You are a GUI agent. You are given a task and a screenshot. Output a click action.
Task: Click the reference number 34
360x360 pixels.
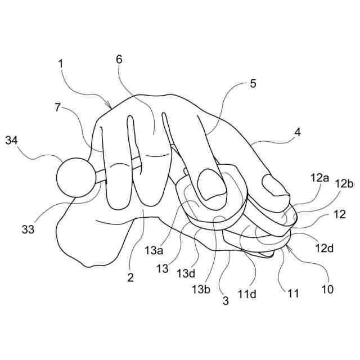12,139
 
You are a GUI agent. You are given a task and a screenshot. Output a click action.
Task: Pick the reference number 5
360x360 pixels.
253,84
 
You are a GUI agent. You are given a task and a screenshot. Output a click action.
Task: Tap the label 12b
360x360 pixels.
344,183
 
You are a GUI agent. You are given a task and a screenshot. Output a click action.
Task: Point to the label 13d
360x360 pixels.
186,274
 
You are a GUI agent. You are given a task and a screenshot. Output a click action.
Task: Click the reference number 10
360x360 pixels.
327,290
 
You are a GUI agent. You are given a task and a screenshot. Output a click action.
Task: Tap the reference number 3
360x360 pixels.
226,300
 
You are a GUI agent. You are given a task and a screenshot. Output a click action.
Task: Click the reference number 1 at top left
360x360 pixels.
60,64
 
